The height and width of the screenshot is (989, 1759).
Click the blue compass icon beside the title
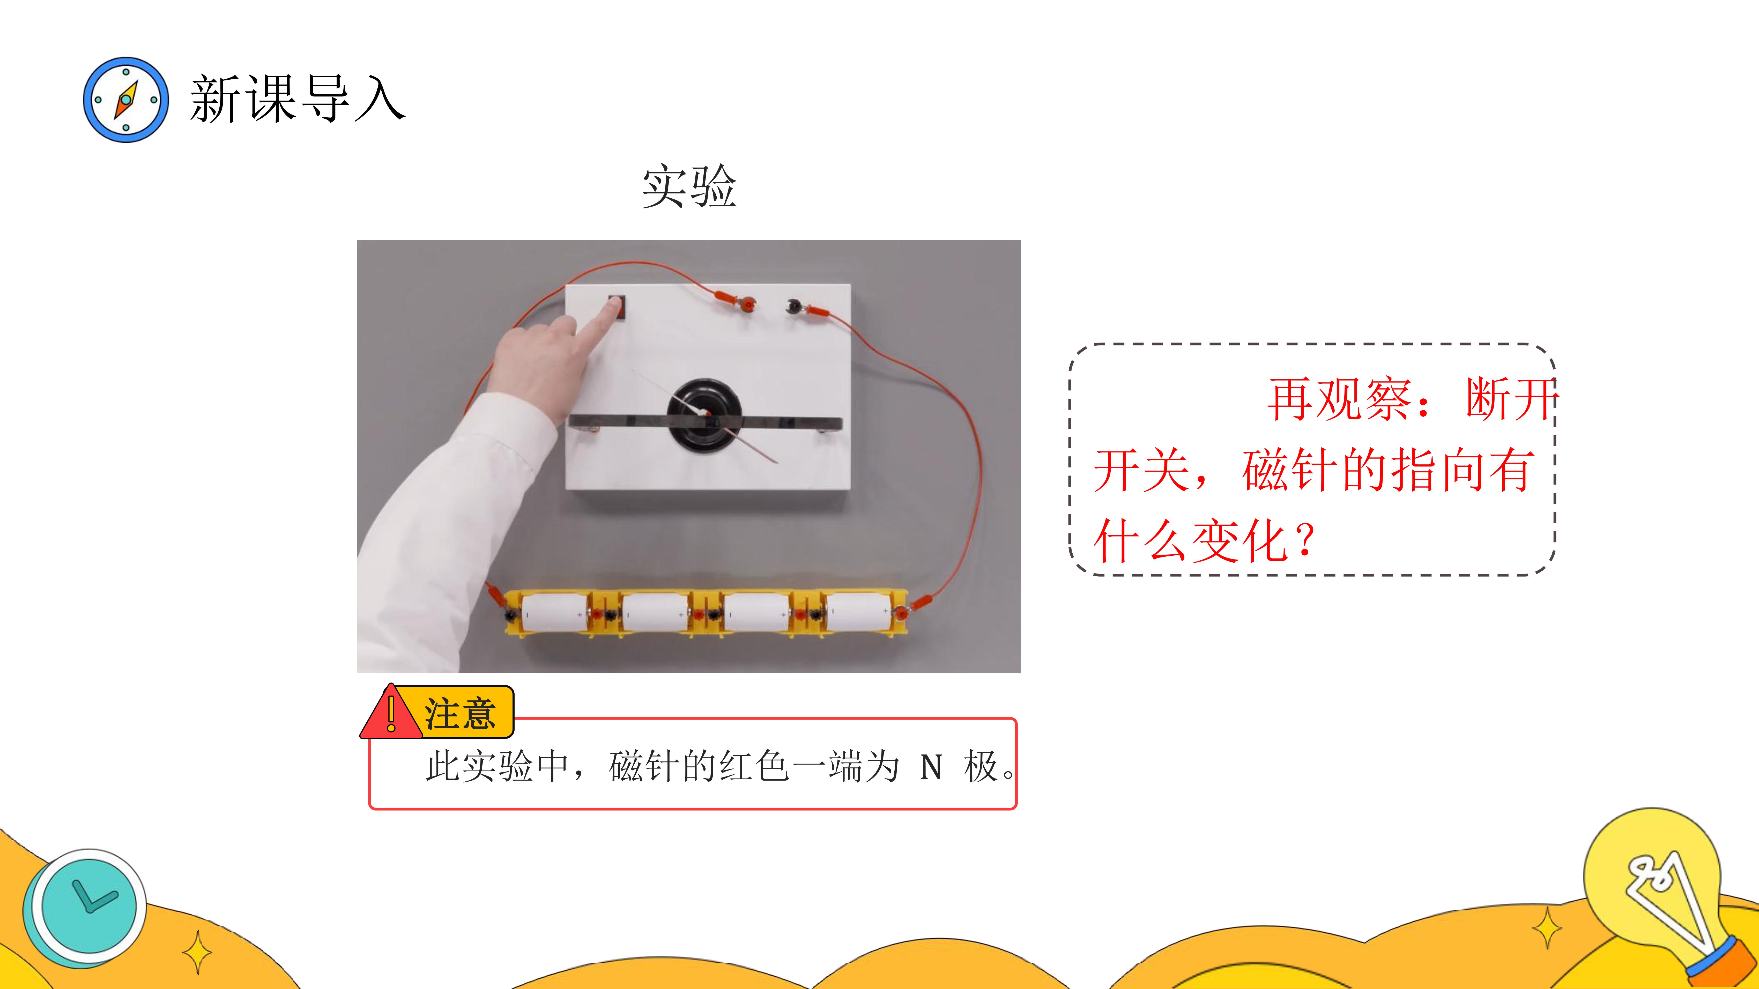[x=126, y=100]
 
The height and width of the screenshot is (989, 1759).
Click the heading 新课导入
[x=298, y=100]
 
